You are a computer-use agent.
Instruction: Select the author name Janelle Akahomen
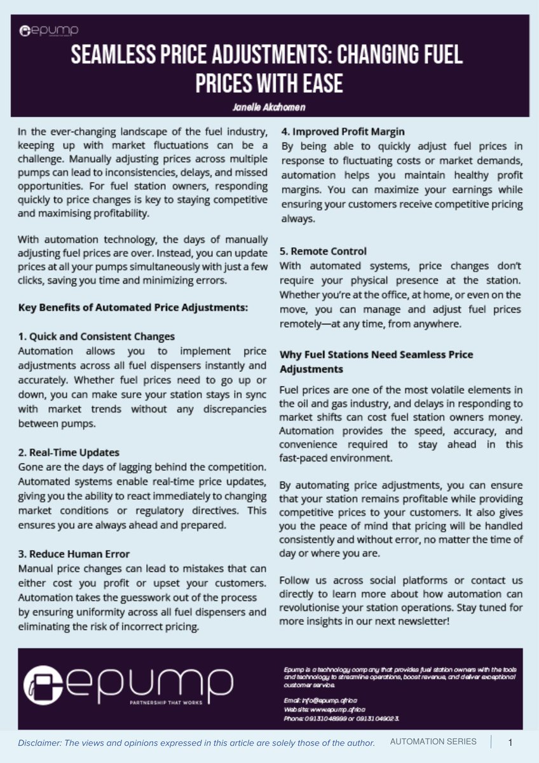269,107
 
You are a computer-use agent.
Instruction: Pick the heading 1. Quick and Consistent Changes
96,336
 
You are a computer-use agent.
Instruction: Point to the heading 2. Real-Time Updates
69,453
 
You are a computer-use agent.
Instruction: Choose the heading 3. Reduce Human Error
74,554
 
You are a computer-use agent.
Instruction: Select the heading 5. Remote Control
323,251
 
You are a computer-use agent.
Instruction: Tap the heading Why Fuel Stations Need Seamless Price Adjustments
376,361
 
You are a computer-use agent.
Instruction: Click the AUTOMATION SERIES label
432,742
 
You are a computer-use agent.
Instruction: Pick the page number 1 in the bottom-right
510,742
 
